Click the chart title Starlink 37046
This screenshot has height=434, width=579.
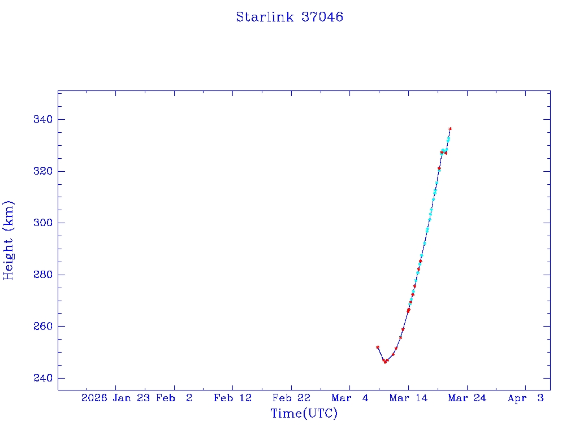(289, 17)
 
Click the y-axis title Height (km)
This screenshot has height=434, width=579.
(8, 240)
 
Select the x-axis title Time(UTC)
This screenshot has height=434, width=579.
(304, 414)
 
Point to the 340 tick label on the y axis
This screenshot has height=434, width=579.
(43, 119)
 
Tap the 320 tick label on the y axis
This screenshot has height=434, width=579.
(43, 171)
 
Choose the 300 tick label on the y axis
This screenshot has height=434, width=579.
(43, 223)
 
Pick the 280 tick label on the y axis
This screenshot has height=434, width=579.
(43, 275)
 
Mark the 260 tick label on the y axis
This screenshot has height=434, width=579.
(43, 327)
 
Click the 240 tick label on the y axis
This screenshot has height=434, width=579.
(43, 378)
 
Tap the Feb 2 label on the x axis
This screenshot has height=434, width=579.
(174, 398)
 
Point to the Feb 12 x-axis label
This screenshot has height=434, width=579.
(232, 398)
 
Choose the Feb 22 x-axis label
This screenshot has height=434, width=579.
(291, 398)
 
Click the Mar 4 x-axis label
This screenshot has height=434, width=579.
(350, 398)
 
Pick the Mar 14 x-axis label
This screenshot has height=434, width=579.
(408, 398)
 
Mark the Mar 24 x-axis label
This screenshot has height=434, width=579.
(467, 398)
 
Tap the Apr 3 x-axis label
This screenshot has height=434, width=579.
(525, 398)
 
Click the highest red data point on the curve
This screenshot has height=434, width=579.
(450, 129)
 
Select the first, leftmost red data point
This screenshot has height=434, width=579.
(378, 347)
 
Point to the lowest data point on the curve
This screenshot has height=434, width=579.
(385, 362)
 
